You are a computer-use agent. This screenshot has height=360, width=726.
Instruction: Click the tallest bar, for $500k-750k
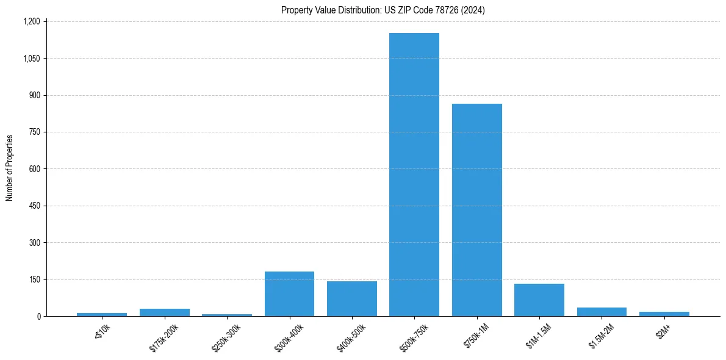coord(414,175)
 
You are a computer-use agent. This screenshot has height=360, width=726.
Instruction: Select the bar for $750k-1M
coord(476,210)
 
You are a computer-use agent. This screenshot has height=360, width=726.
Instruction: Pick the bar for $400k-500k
coord(351,299)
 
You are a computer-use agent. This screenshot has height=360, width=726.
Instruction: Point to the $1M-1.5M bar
coord(539,300)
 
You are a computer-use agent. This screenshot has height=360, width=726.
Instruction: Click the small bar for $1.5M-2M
coord(602,312)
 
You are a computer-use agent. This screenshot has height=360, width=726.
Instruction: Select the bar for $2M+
coord(664,314)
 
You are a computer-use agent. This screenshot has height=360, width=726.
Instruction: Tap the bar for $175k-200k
coord(164,312)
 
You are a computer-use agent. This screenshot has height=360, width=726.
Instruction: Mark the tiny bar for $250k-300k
coord(227,315)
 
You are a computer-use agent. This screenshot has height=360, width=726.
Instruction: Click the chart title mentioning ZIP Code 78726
coord(383,10)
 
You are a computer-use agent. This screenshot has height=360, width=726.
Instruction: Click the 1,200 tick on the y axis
coord(32,21)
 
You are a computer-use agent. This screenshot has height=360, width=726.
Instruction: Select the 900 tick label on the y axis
coord(34,95)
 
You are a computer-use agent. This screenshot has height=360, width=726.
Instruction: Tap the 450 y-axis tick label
coord(34,206)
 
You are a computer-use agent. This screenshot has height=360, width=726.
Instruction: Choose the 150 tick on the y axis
coord(34,279)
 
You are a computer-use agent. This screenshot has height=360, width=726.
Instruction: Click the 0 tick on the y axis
coord(38,316)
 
